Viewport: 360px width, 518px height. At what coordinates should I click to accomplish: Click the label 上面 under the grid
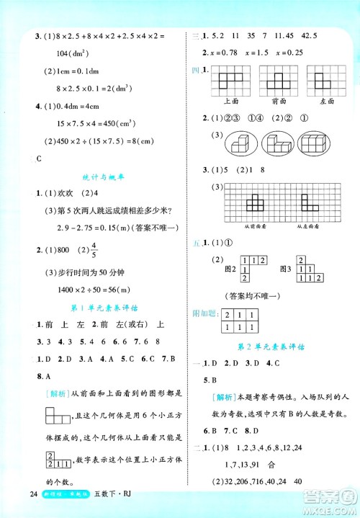click(222, 102)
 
